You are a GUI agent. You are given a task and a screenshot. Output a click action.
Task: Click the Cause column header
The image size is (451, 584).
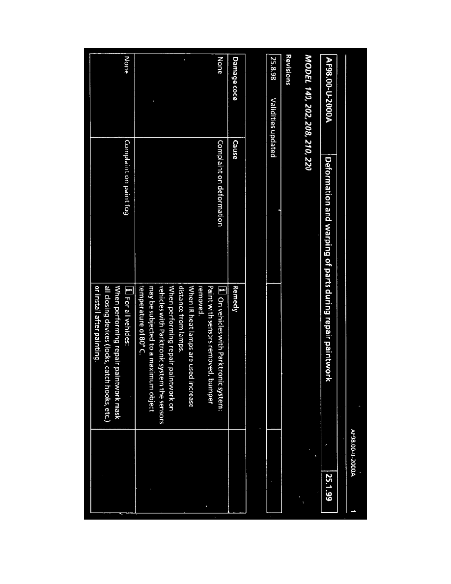tap(235, 150)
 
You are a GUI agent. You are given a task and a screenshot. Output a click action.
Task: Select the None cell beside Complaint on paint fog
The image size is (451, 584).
tap(127, 65)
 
